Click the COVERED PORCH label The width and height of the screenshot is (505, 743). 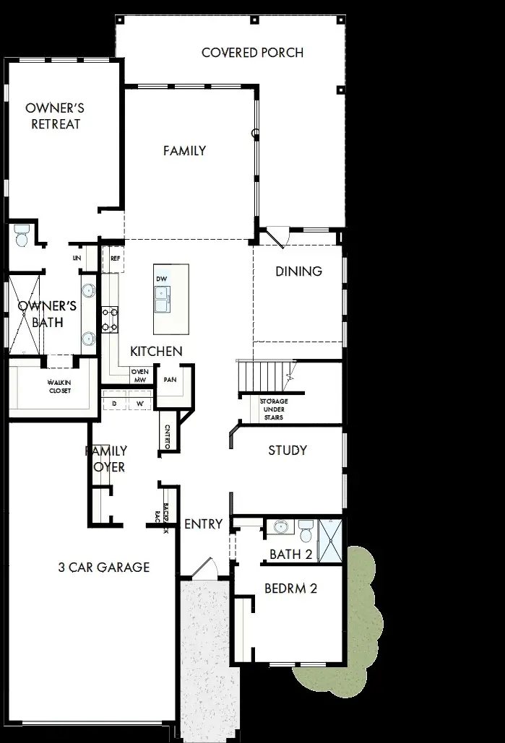[x=252, y=53]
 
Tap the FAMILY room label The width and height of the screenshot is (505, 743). [x=184, y=151]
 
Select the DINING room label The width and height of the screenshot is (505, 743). [x=298, y=271]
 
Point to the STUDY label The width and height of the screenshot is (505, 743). [x=288, y=450]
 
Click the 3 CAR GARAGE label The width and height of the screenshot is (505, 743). [x=103, y=567]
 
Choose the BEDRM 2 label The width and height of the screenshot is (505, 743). [x=290, y=588]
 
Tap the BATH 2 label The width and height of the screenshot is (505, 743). [x=290, y=554]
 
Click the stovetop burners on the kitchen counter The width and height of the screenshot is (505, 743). [x=110, y=319]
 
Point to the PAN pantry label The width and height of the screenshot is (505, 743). [x=171, y=380]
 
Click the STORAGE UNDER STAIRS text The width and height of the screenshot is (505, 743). [x=274, y=409]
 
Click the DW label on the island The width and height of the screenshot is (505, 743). [x=161, y=278]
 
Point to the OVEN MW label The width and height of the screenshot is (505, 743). [x=139, y=376]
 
